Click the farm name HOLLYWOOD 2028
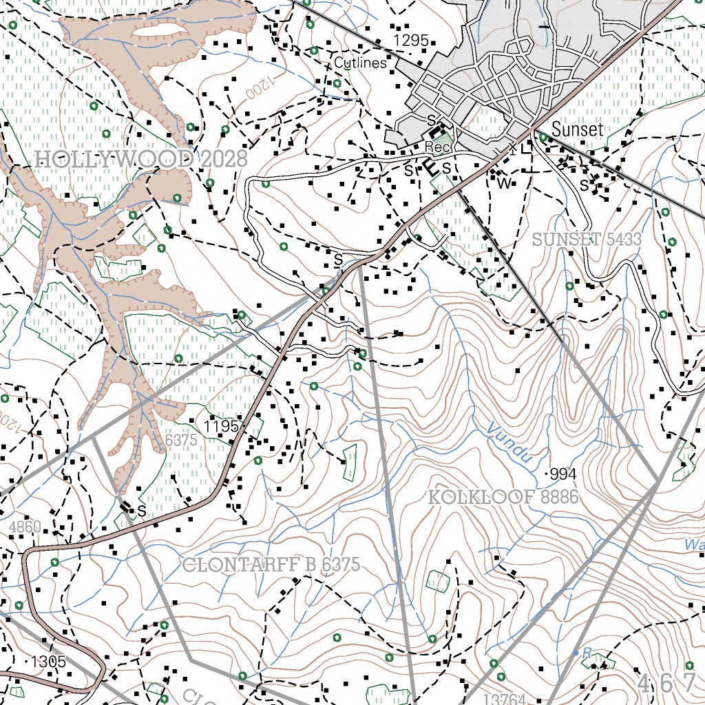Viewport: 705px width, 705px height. point(140,160)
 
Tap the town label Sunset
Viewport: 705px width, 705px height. point(577,129)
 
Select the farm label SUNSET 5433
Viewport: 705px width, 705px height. point(587,240)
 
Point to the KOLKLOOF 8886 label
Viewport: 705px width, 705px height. point(503,497)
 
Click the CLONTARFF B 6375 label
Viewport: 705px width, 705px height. point(271,565)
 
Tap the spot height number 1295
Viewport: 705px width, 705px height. point(412,41)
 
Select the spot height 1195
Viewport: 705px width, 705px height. point(222,427)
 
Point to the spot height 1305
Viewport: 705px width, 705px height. point(48,662)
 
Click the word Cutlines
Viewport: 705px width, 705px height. point(360,63)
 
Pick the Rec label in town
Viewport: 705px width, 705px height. point(436,147)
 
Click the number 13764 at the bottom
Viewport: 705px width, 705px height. point(505,699)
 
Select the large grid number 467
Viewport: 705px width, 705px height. point(666,683)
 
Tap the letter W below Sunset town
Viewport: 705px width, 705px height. point(505,183)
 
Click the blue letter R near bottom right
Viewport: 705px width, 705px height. point(587,652)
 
